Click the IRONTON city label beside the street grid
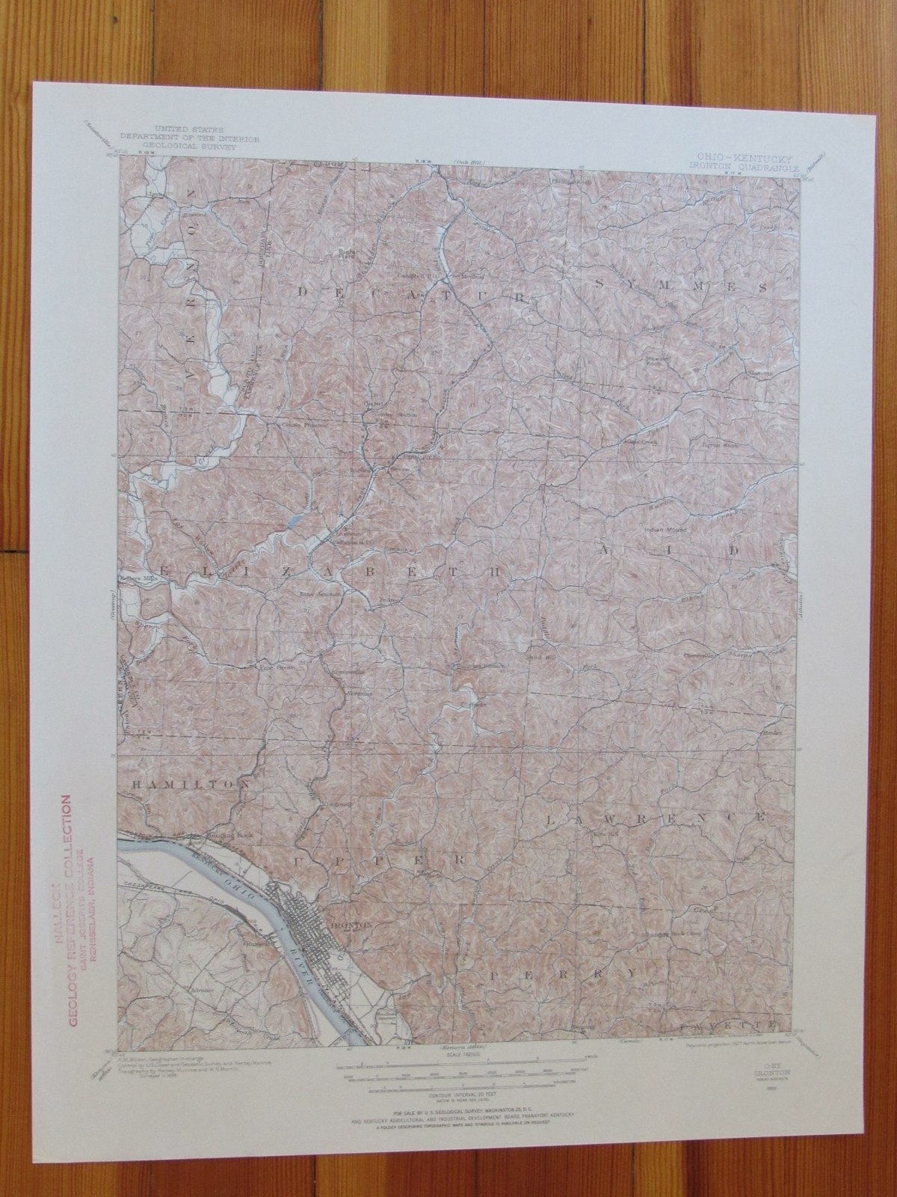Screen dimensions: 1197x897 tap(350, 925)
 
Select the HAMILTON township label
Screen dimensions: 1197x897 tap(189, 785)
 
